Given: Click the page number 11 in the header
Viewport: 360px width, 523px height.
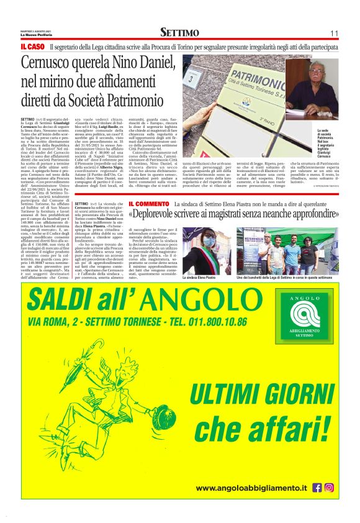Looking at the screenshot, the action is click(333, 33).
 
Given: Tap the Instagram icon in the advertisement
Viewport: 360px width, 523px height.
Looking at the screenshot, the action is click(329, 488).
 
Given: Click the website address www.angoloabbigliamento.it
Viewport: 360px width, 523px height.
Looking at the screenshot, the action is click(252, 489).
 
